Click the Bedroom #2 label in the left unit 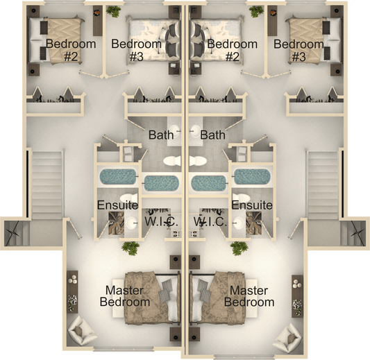tap(61, 50)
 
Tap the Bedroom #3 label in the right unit tap(298, 50)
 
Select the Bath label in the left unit tap(161, 135)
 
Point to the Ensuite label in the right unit tap(251, 205)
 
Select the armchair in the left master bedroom tap(83, 331)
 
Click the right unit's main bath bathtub tap(209, 183)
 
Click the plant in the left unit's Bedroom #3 tap(113, 11)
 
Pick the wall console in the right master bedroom tap(297, 294)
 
